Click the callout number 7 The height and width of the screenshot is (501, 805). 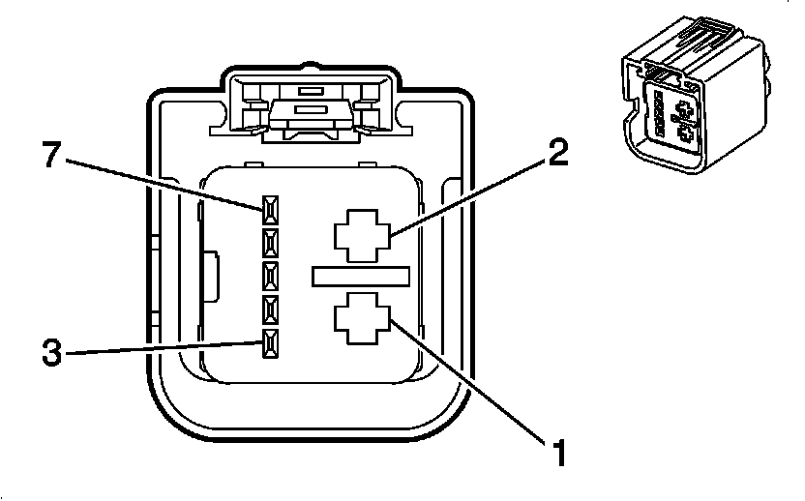click(x=52, y=156)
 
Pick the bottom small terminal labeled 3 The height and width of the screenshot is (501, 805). click(x=270, y=340)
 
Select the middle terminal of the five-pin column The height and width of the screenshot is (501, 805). click(x=270, y=275)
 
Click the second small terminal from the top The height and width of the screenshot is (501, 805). click(x=270, y=241)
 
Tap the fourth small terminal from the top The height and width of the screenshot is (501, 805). click(x=270, y=309)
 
